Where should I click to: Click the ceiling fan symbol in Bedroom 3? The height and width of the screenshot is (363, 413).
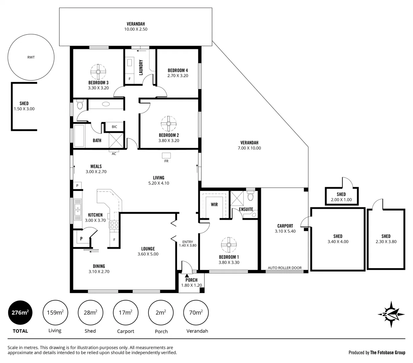point(98,71)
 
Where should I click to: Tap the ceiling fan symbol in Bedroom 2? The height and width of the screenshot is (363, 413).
point(168,124)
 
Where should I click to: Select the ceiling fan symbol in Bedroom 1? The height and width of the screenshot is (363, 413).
point(229,245)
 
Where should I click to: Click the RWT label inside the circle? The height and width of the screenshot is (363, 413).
point(31,57)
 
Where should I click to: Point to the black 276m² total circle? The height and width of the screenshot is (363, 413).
point(20,313)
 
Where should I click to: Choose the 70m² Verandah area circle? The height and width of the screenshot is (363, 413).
point(196,313)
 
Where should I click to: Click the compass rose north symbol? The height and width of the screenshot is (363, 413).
point(391,315)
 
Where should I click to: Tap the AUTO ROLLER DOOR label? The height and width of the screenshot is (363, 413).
point(285,268)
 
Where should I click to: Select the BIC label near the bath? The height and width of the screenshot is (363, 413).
point(114,127)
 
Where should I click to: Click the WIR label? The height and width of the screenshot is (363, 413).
point(214,204)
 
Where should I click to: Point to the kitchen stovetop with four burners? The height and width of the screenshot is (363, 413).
point(114,225)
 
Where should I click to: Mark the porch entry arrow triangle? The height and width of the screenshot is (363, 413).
point(187,275)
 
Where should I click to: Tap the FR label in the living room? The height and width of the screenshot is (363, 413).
point(166,161)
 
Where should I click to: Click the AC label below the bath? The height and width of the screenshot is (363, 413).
point(114,154)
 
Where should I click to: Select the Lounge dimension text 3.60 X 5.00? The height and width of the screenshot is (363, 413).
point(148,254)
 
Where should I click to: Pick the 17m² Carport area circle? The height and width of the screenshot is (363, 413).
point(126,313)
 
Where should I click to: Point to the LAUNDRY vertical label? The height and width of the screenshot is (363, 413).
point(141,67)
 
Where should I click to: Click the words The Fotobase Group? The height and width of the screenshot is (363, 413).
point(387,353)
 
